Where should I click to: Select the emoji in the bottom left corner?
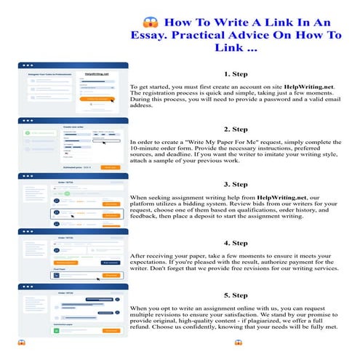click(21, 343)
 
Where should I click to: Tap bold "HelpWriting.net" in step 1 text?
click(300, 87)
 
